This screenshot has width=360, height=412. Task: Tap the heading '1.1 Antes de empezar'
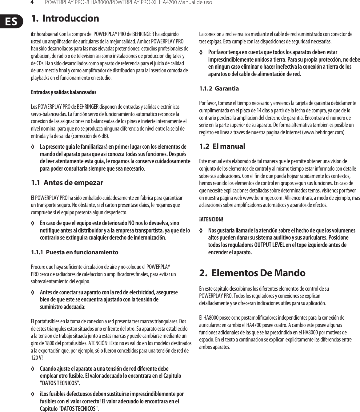(x=67, y=183)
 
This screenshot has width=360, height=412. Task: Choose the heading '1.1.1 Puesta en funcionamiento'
(x=74, y=252)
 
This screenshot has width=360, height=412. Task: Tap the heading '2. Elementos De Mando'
(x=252, y=273)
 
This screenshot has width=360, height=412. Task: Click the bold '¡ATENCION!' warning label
(x=211, y=220)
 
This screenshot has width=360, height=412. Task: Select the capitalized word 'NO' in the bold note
(x=131, y=223)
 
